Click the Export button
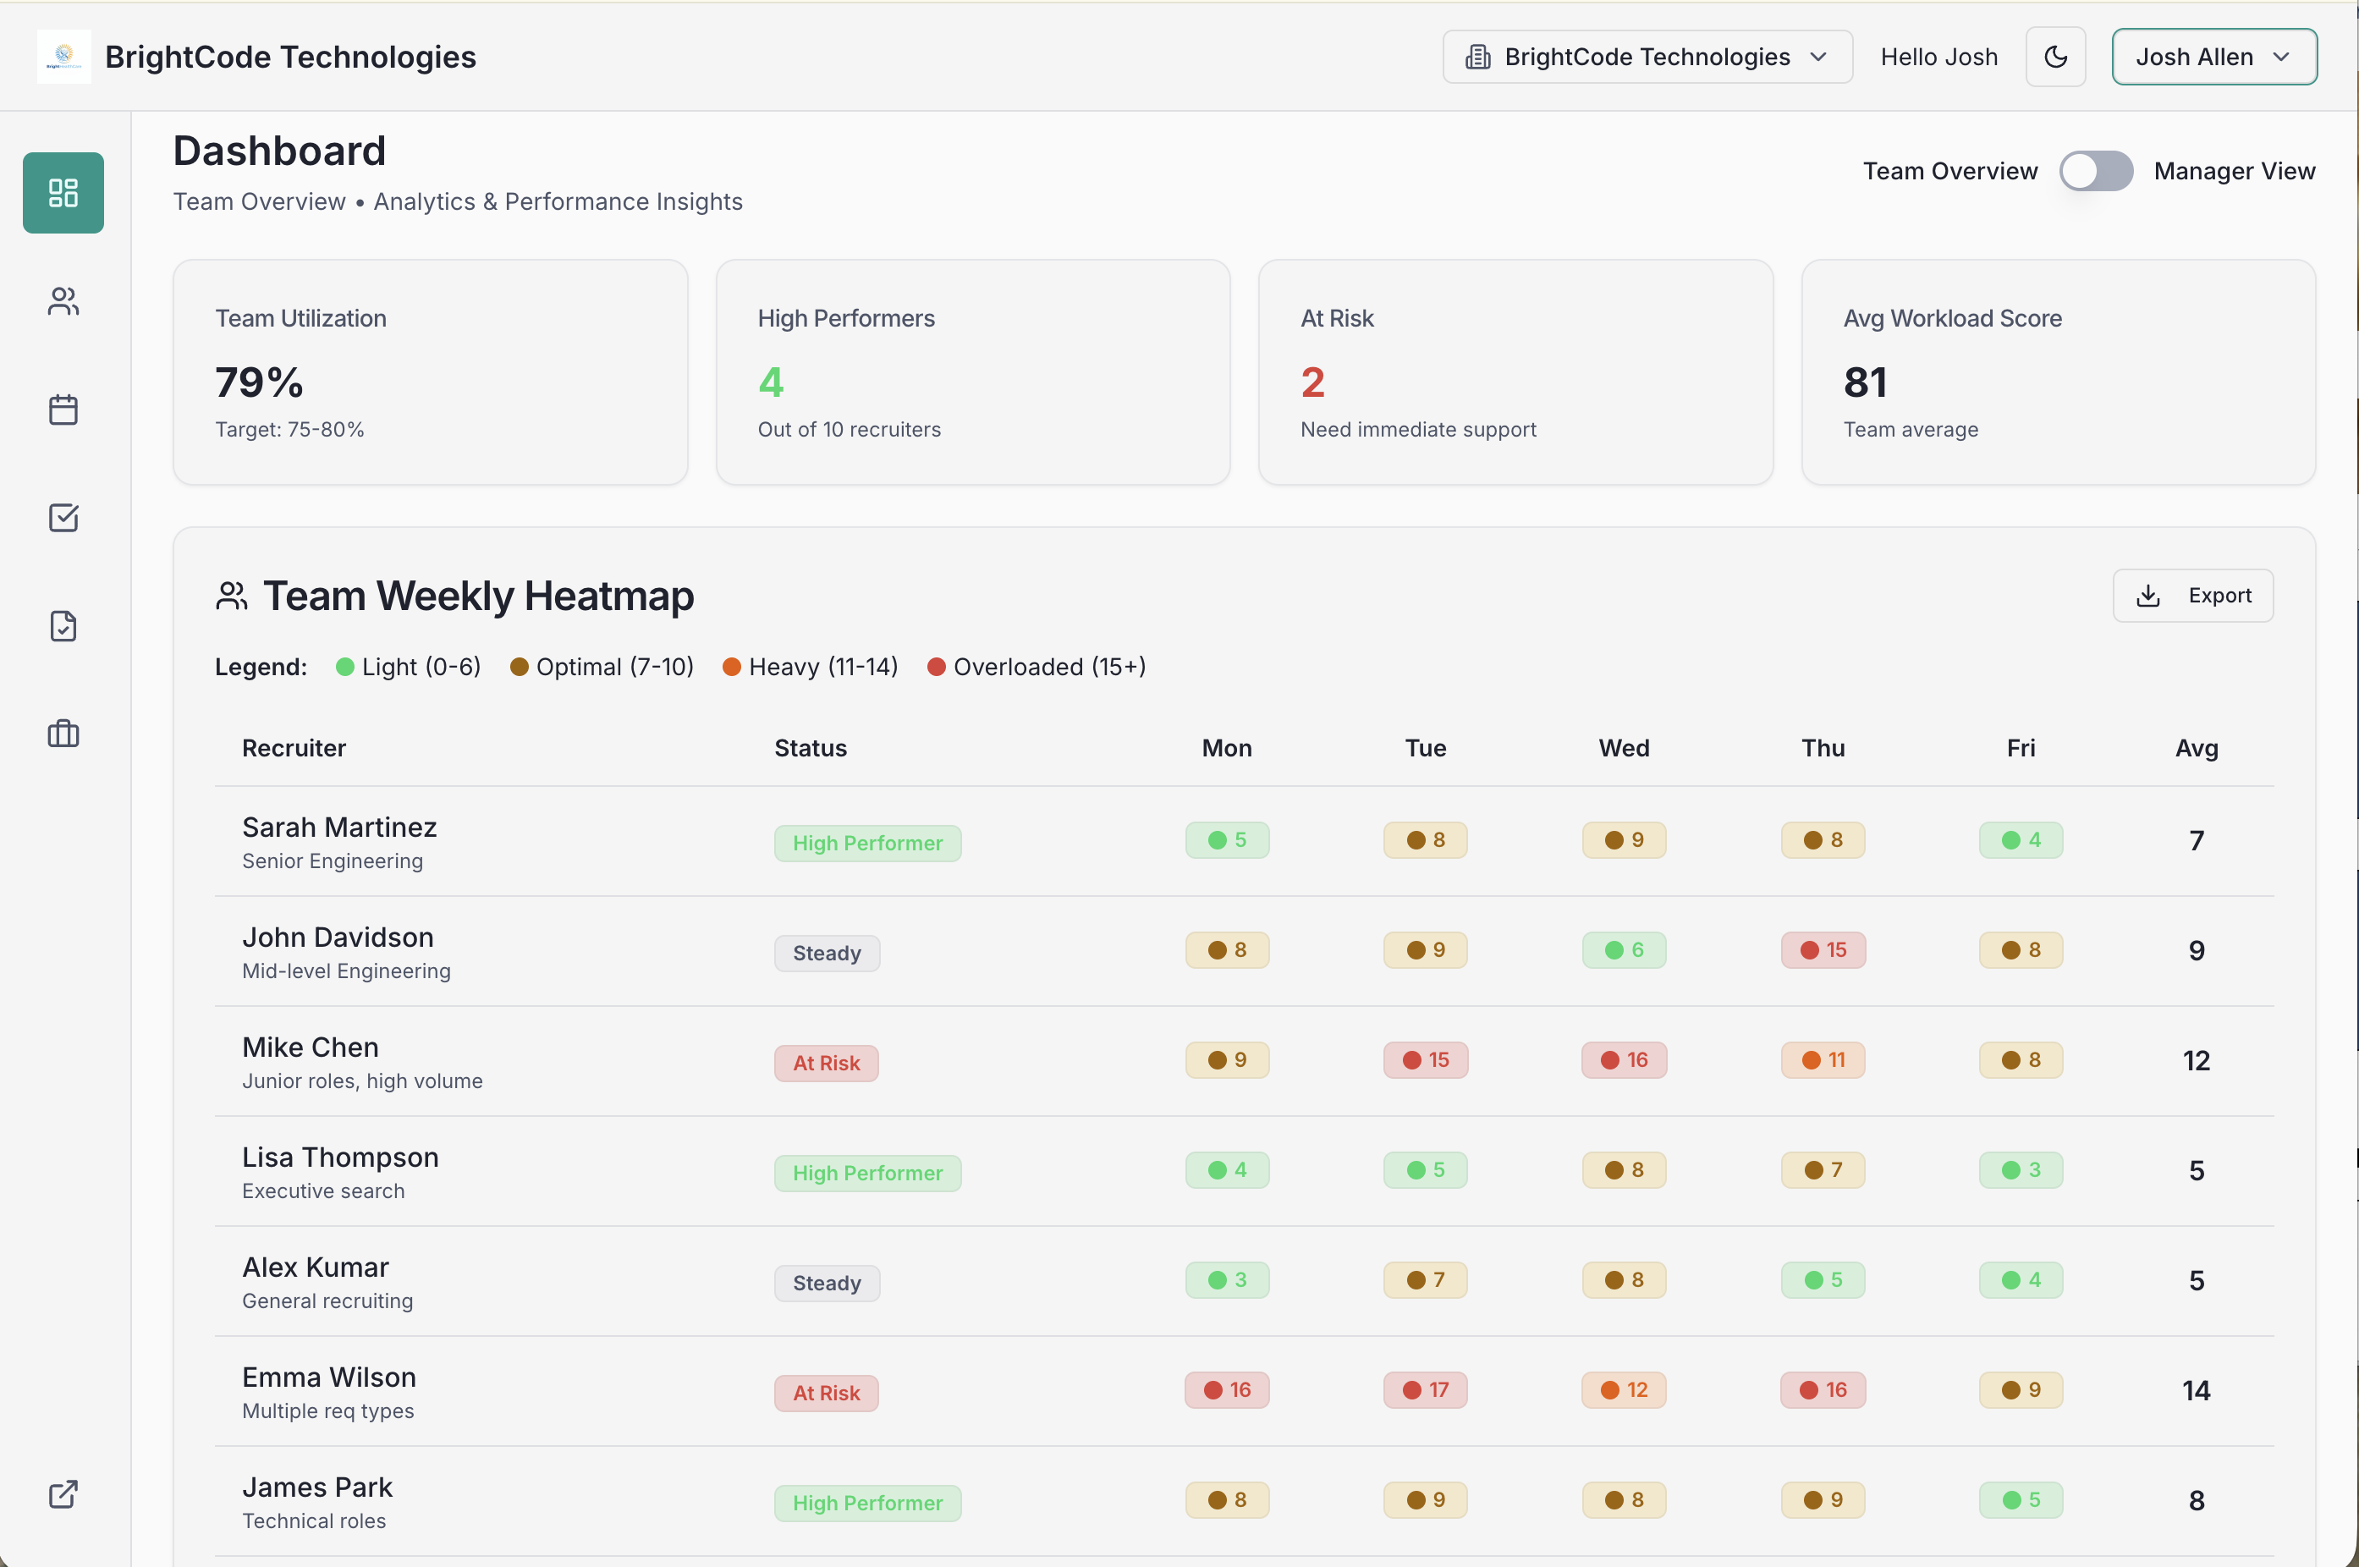pos(2192,596)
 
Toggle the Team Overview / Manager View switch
pos(2095,171)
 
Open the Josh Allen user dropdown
pos(2213,57)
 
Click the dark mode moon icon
pos(2054,57)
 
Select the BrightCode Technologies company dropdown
pos(1647,57)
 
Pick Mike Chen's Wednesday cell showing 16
pos(1624,1060)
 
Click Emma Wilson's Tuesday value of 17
pos(1425,1390)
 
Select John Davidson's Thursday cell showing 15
pos(1823,950)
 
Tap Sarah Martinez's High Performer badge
pos(866,844)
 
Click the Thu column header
pos(1823,749)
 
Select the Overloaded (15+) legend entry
pos(1037,667)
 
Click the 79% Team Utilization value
pos(259,382)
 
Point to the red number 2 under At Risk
pos(1311,382)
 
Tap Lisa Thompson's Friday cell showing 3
pos(2021,1170)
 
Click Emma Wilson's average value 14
pos(2195,1391)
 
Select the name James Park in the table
pos(316,1487)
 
